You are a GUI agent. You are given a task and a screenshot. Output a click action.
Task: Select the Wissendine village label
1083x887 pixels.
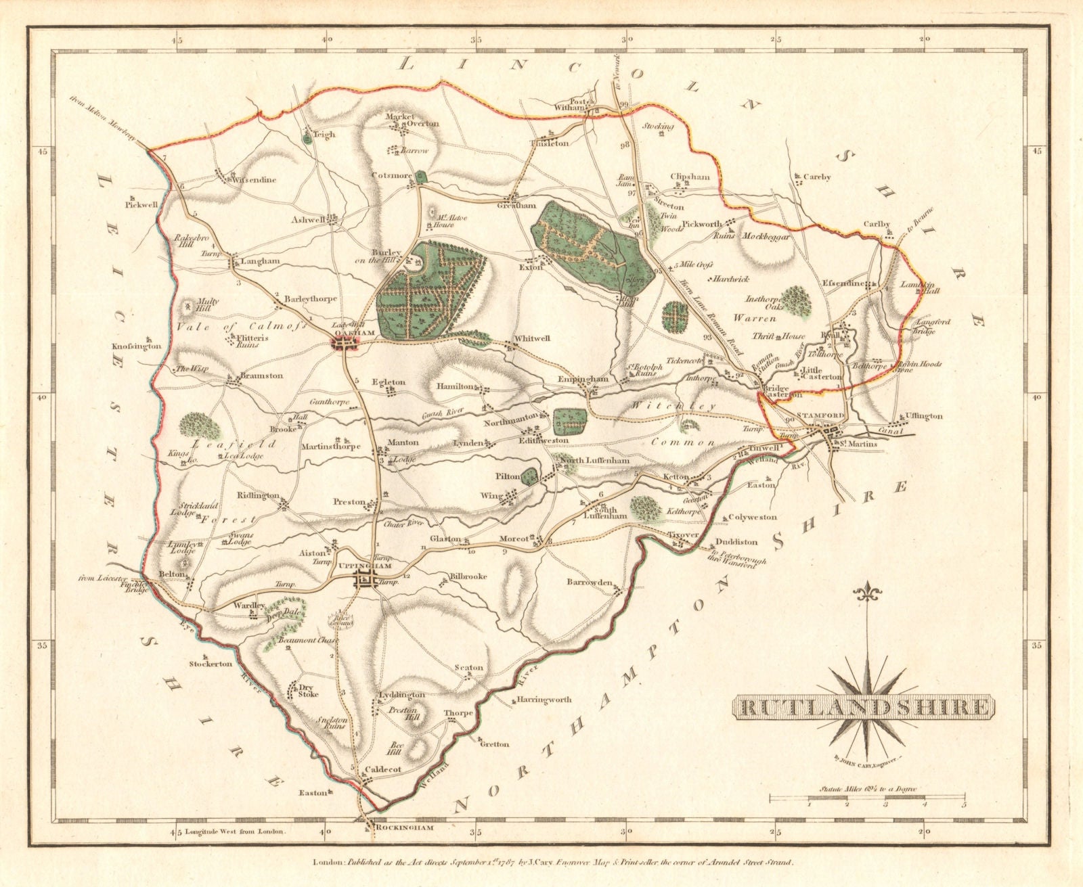click(238, 181)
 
